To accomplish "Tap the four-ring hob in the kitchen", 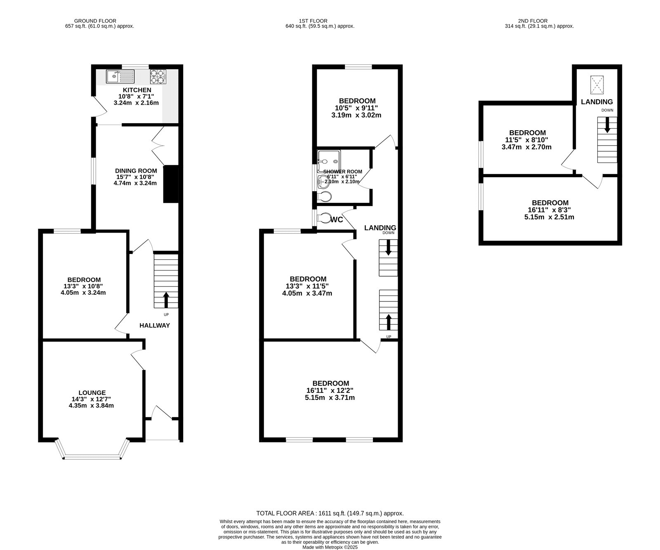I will point(158,76).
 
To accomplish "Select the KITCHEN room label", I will point(137,90).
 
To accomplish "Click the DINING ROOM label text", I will point(136,171).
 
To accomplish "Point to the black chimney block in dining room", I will point(171,184).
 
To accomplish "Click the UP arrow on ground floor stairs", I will point(166,300).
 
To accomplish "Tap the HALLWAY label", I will point(155,325).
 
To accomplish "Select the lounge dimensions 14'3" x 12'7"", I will point(91,399).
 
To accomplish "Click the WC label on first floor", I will point(337,220).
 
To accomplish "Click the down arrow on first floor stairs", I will point(388,248).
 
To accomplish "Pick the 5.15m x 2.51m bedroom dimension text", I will point(549,217).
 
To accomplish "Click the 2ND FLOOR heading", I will point(533,21).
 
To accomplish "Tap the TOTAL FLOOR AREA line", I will point(330,513).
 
